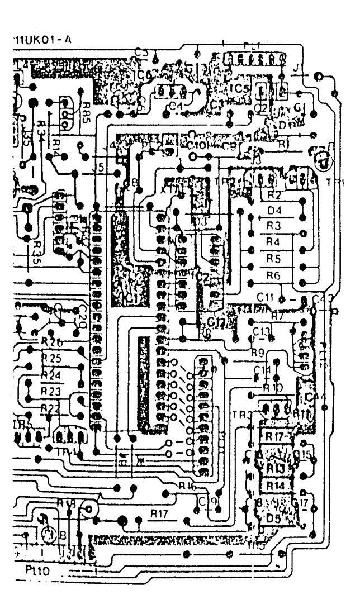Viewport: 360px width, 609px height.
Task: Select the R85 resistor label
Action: pos(87,110)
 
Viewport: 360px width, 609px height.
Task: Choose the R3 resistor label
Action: pos(273,226)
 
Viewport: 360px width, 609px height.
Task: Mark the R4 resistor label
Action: pos(273,242)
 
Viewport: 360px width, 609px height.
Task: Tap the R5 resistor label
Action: pos(273,258)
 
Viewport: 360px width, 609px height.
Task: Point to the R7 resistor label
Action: pos(277,317)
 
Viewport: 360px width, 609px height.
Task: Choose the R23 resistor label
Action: pos(51,390)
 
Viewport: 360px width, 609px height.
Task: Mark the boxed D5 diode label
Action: pos(273,517)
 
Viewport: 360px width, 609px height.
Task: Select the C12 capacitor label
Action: pos(216,322)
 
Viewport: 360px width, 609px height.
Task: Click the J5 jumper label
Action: pos(100,166)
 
